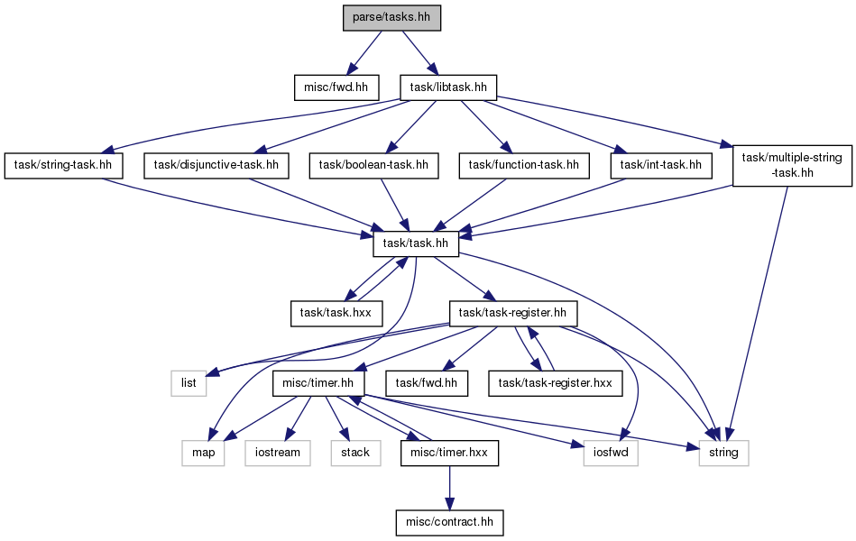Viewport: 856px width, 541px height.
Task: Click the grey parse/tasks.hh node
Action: tap(391, 17)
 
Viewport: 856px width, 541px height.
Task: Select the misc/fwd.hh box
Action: tap(336, 87)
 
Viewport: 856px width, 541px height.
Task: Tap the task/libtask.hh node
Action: tap(448, 87)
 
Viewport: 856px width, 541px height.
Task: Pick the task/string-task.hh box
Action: tap(63, 165)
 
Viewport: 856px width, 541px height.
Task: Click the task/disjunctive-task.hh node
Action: tap(216, 165)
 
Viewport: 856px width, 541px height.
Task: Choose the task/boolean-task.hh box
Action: tap(373, 165)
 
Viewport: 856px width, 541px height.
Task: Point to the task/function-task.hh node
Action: tap(523, 165)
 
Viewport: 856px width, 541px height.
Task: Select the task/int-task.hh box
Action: tap(660, 165)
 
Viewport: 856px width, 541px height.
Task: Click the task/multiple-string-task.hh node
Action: tap(792, 165)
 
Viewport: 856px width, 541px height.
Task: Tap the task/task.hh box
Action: tap(416, 243)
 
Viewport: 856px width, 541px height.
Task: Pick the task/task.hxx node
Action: tap(336, 314)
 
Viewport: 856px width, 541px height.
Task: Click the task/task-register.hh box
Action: tap(512, 314)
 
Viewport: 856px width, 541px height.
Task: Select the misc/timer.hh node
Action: tap(318, 383)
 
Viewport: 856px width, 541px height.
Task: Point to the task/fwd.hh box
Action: tap(427, 383)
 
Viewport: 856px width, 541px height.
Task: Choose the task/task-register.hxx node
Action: tap(556, 383)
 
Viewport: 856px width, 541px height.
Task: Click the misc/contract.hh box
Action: tap(449, 522)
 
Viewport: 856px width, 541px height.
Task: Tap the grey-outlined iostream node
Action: tap(278, 454)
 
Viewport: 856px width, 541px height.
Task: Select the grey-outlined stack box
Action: tap(355, 454)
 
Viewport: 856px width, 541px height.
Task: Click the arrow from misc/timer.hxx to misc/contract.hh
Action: tap(449, 488)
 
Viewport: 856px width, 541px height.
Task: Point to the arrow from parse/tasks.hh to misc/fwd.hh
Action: tap(364, 52)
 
